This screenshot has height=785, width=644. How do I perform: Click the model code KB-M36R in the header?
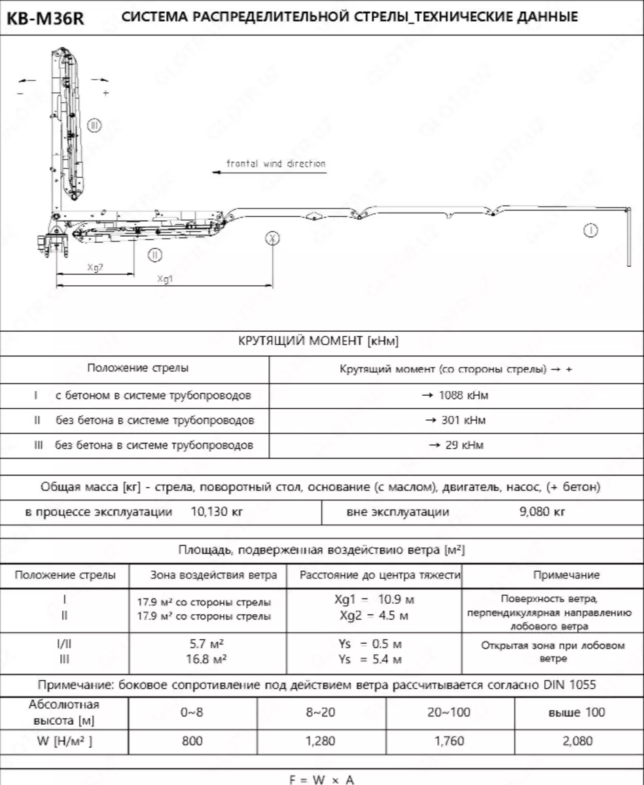point(45,18)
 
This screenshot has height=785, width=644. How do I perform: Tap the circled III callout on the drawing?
point(94,125)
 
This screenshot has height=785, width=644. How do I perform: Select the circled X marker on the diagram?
point(273,238)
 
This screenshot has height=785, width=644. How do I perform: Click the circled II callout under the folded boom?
point(155,255)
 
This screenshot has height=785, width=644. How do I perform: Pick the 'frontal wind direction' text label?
point(276,164)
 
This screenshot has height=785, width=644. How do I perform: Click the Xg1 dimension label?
point(165,279)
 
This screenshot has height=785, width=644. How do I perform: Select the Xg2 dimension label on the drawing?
point(95,266)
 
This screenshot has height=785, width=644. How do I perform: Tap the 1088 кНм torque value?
point(455,395)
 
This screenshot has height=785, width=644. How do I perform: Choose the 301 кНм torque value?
point(455,420)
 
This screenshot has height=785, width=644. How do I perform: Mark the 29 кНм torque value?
point(456,445)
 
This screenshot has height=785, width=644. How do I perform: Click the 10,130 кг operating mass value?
point(216,512)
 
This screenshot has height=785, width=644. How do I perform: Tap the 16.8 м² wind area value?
point(206,659)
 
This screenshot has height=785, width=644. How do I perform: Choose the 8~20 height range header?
point(321,712)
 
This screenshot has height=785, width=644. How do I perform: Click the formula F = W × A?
point(322,779)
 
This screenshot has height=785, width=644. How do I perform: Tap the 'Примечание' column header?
point(566,575)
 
